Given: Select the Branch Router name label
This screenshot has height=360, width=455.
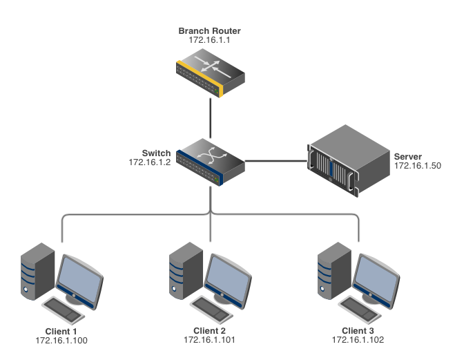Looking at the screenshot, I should click(x=210, y=31).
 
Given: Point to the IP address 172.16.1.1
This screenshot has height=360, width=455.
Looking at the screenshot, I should click(x=210, y=41).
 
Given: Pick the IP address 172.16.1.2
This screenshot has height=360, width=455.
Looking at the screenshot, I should click(x=149, y=162).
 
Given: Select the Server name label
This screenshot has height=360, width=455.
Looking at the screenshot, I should click(x=407, y=157).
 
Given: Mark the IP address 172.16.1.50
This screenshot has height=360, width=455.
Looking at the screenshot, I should click(x=417, y=166).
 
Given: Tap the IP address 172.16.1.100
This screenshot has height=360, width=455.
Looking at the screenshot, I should click(x=61, y=340).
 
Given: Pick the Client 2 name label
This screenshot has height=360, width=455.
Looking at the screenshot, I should click(x=209, y=331).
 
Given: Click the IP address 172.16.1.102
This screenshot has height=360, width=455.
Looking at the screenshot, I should click(x=358, y=340).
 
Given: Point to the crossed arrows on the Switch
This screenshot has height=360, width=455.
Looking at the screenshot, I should click(x=204, y=156).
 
